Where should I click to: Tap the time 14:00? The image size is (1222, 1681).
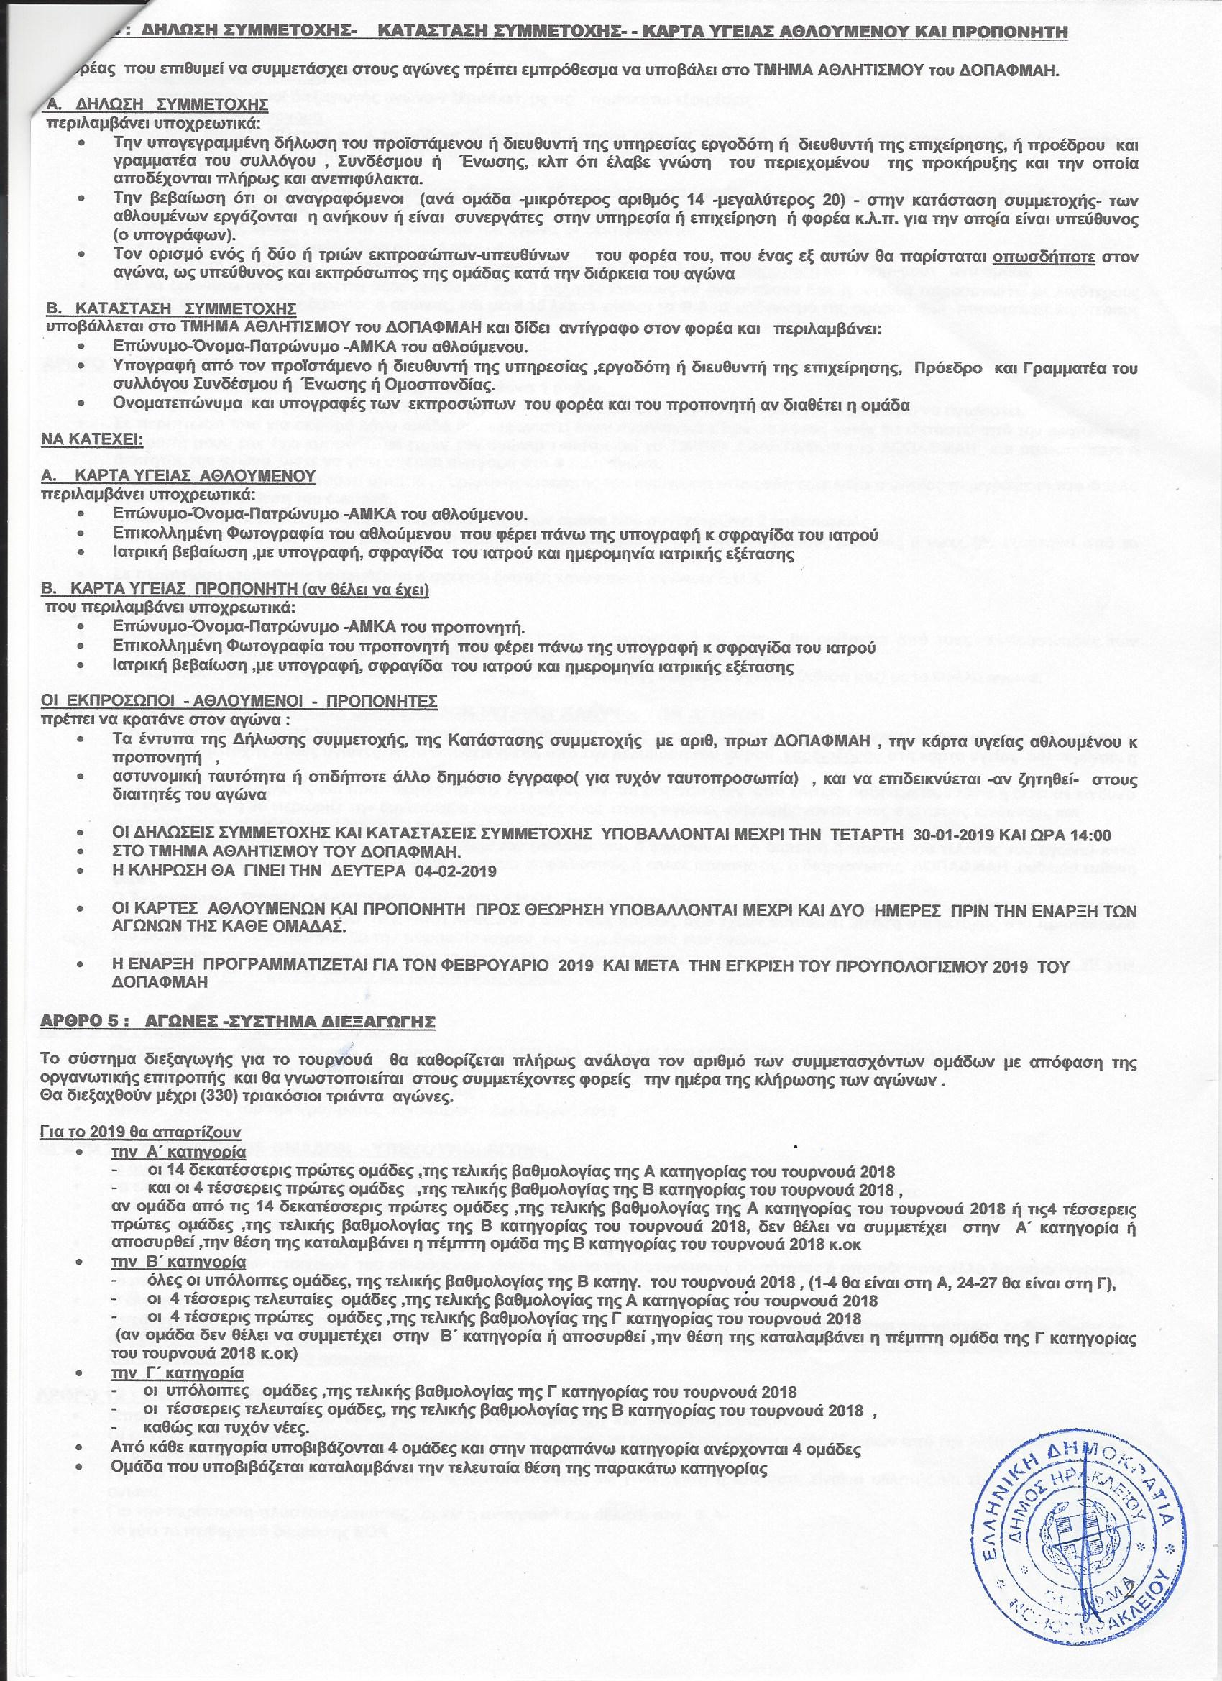[x=1088, y=834]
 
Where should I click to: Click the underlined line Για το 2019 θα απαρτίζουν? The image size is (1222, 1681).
[x=141, y=1133]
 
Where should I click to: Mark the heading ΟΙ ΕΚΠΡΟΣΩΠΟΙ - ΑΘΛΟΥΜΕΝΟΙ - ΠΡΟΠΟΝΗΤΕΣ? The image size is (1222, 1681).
[x=239, y=700]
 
